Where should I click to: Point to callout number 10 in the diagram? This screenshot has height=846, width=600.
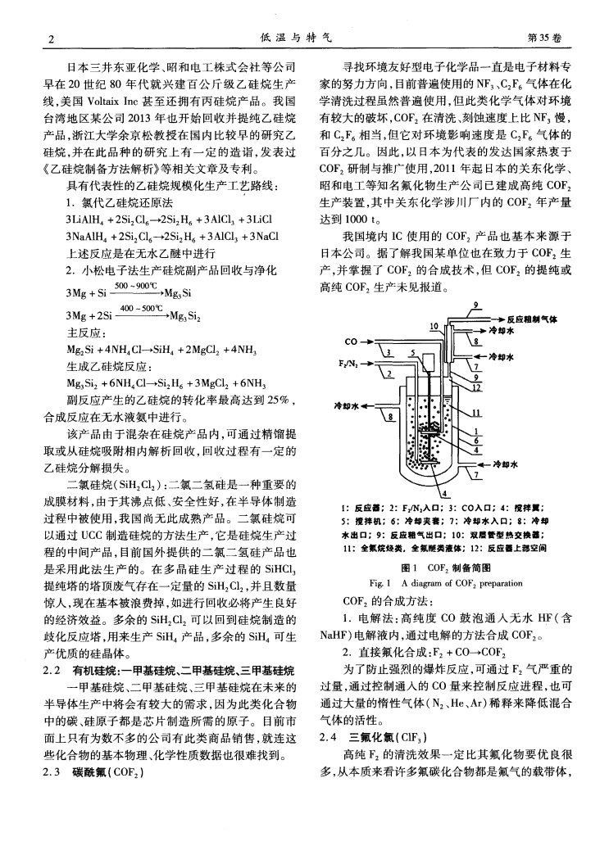point(434,326)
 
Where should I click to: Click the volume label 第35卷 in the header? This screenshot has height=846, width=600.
point(544,38)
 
